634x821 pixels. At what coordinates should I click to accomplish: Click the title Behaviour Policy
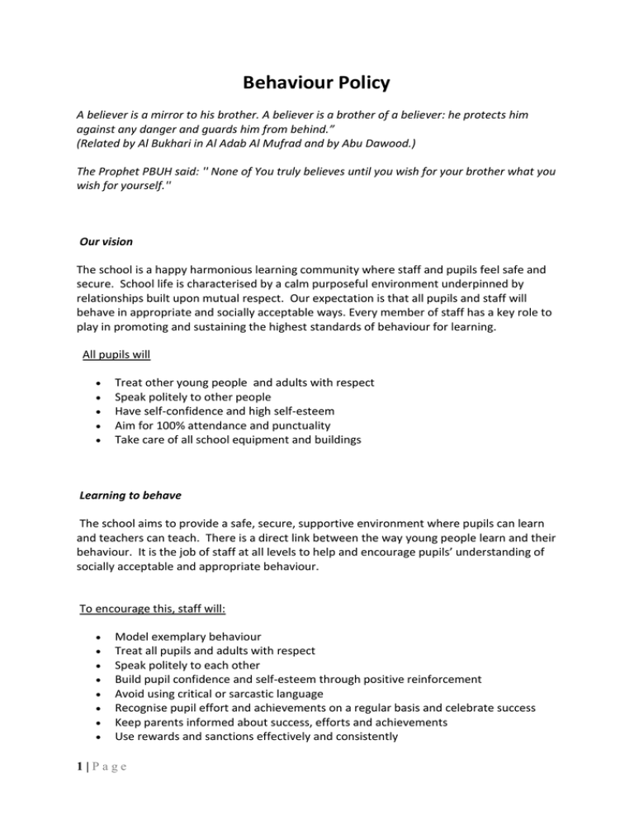(x=316, y=83)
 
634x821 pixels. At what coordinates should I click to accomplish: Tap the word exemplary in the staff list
(x=182, y=637)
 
